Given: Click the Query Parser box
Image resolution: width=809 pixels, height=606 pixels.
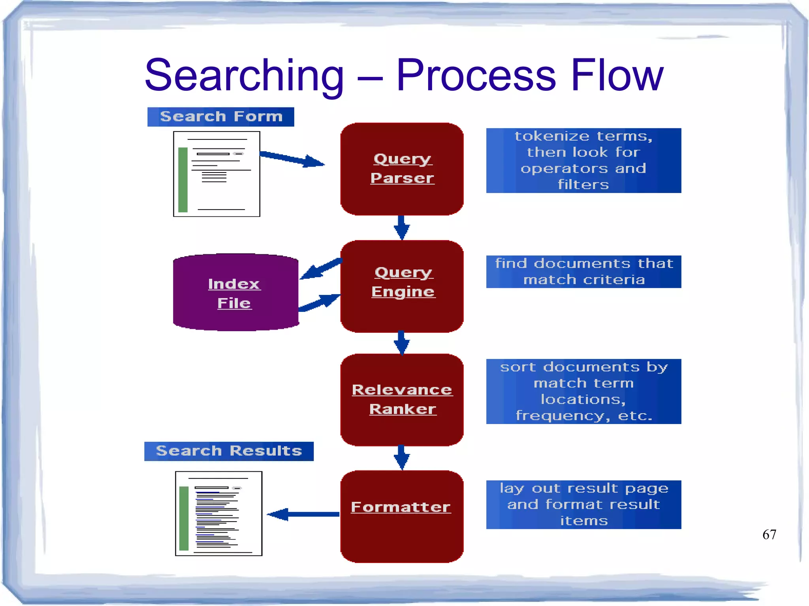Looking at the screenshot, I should click(x=402, y=169).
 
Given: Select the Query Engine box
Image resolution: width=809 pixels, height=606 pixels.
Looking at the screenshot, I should click(x=402, y=286).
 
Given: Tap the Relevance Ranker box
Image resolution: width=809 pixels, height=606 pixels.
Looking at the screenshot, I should click(x=402, y=400).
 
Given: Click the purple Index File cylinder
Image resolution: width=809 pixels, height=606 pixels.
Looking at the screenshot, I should click(x=235, y=293).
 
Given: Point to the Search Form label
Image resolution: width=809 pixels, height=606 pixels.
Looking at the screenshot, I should click(x=220, y=117).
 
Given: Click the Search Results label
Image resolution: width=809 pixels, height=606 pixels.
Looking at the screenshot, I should click(x=229, y=451).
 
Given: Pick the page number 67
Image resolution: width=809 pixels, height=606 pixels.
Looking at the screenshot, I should click(x=769, y=535).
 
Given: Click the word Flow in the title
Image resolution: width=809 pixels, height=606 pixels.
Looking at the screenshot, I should click(x=617, y=75).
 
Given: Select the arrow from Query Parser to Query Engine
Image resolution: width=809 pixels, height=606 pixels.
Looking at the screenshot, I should click(x=401, y=227).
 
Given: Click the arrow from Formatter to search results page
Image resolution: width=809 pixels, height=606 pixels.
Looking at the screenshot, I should click(x=303, y=514).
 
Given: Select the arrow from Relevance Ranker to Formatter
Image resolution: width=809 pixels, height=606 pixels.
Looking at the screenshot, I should click(x=401, y=457).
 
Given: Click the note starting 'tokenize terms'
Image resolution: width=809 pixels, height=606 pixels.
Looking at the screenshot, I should click(x=583, y=160).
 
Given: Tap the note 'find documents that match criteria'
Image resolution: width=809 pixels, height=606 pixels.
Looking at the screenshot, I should click(x=583, y=272).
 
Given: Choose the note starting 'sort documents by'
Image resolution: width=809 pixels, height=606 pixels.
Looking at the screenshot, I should click(x=583, y=391).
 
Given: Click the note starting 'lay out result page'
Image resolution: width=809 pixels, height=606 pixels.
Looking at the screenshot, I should click(x=583, y=505).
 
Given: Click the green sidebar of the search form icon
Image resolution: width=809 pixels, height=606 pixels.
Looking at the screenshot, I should click(x=183, y=180).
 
